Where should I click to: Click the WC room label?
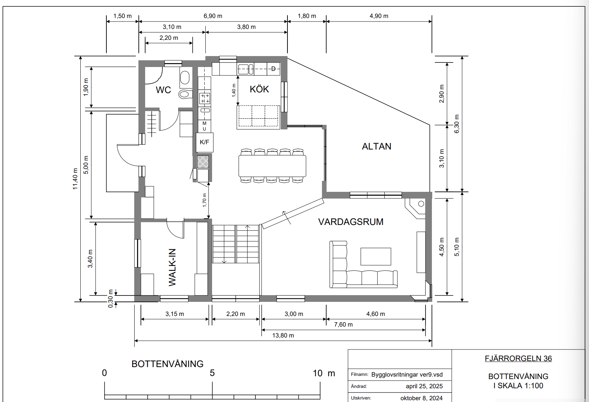(x=163, y=90)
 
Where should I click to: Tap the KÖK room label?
(x=259, y=89)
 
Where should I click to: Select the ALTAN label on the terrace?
(x=377, y=146)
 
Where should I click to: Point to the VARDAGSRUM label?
(x=351, y=222)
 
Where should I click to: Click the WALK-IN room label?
(x=172, y=267)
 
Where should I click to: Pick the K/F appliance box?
(x=205, y=142)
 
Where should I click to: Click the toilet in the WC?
(x=186, y=94)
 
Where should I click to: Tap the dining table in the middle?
(x=272, y=166)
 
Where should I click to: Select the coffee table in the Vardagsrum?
(x=376, y=256)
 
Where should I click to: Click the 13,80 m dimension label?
(x=283, y=335)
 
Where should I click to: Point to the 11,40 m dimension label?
(x=75, y=179)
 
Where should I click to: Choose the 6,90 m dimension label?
(x=213, y=16)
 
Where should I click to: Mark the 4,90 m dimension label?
(x=379, y=16)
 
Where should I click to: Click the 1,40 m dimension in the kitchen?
(x=234, y=90)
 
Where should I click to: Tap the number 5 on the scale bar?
(x=212, y=373)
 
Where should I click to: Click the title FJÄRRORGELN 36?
(x=518, y=359)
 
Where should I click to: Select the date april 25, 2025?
(x=424, y=386)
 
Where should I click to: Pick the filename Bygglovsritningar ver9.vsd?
(x=407, y=374)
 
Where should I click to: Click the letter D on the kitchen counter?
(x=273, y=69)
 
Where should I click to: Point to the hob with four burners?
(x=205, y=98)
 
